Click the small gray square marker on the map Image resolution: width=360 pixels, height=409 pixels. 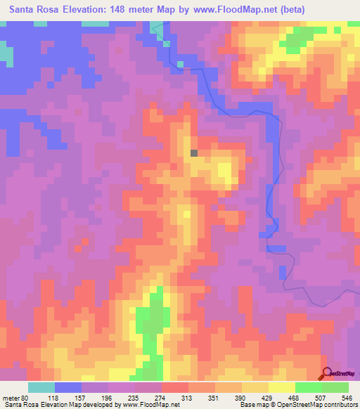(x=194, y=152)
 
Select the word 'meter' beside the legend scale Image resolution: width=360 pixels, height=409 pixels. (x=13, y=396)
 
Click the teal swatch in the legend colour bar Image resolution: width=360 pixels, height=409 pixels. (x=41, y=387)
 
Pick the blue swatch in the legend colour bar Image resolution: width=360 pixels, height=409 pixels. (x=68, y=387)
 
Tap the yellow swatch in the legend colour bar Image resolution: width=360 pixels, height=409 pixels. (x=282, y=387)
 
